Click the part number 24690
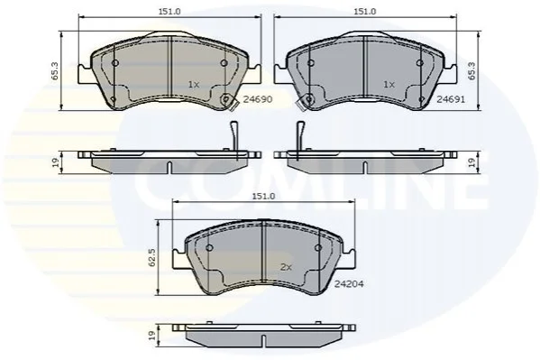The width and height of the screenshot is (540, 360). click(258, 99)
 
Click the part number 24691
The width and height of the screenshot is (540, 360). click(451, 99)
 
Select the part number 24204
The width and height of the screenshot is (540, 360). click(349, 284)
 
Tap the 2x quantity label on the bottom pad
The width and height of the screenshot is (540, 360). click(286, 267)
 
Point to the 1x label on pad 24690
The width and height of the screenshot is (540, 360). click(194, 84)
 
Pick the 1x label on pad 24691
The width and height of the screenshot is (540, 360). click(389, 84)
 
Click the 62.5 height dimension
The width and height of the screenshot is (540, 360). click(152, 257)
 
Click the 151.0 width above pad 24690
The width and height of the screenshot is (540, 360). click(169, 11)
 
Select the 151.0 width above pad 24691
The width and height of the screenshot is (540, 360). click(365, 11)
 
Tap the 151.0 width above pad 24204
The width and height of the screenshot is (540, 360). click(263, 196)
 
